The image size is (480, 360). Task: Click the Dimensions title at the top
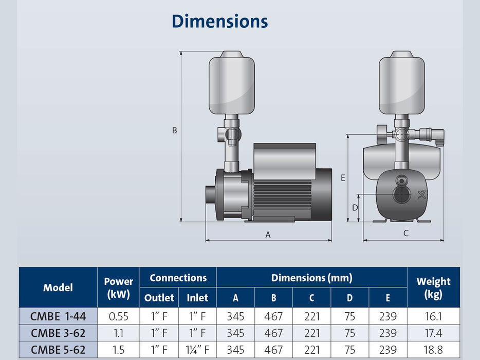point(219,22)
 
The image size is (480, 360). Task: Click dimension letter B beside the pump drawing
point(174,131)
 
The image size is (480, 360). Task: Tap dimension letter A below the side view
point(268,235)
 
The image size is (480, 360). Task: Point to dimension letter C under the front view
point(405,233)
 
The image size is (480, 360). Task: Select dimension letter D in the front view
point(354,208)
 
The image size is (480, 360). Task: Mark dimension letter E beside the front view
point(343,177)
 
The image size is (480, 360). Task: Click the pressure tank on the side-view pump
point(232,85)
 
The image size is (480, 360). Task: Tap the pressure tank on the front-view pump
point(401,85)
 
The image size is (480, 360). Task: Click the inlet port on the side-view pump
point(210,195)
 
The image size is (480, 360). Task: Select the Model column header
point(58,287)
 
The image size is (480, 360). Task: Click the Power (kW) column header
point(118,288)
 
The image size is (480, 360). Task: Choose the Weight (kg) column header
point(433,288)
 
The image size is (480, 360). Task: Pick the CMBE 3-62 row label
point(58,333)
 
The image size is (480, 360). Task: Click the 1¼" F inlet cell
point(197,350)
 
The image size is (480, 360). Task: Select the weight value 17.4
point(433,333)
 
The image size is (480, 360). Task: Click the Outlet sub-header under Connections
point(159,297)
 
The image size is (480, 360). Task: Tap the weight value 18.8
point(433,350)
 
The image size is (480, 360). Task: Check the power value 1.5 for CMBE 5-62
point(118,350)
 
